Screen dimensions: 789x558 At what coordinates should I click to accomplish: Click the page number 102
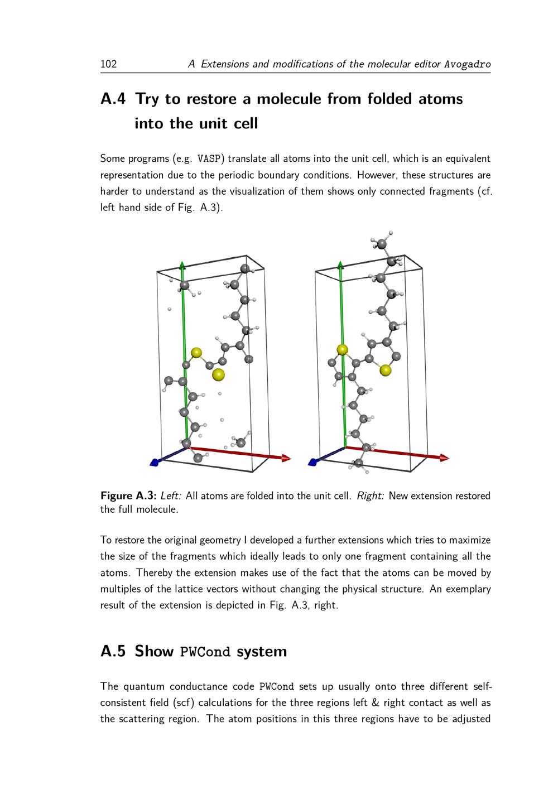coord(108,64)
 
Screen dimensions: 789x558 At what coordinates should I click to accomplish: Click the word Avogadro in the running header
coord(468,64)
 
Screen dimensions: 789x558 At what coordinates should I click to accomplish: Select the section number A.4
coord(113,99)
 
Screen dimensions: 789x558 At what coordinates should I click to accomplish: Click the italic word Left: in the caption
coord(171,496)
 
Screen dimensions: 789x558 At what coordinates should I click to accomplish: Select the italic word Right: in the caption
coord(370,496)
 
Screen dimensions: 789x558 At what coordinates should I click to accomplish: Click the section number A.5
coord(113,651)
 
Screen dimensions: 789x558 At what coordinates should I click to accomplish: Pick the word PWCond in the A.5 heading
coord(205,652)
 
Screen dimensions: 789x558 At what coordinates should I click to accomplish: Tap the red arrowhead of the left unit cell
coord(286,458)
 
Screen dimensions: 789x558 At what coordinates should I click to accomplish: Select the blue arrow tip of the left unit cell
coord(155,462)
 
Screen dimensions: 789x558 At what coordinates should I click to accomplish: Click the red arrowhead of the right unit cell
coord(444,458)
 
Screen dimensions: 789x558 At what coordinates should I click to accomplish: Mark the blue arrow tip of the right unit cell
coord(312,462)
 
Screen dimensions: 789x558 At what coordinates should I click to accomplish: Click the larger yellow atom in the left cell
coord(218,374)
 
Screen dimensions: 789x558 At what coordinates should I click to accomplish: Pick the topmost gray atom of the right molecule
coord(382,244)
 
